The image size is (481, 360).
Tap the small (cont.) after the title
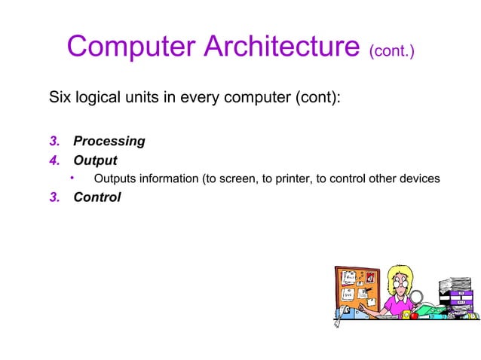[391, 52]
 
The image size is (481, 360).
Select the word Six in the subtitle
[60, 99]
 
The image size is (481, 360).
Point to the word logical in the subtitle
[98, 99]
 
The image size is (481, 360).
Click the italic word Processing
[109, 142]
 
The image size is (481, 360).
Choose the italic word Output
[95, 160]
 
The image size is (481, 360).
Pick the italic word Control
[97, 198]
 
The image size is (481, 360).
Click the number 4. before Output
[55, 160]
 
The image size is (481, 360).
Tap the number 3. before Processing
[55, 142]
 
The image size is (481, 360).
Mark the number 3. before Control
[55, 198]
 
